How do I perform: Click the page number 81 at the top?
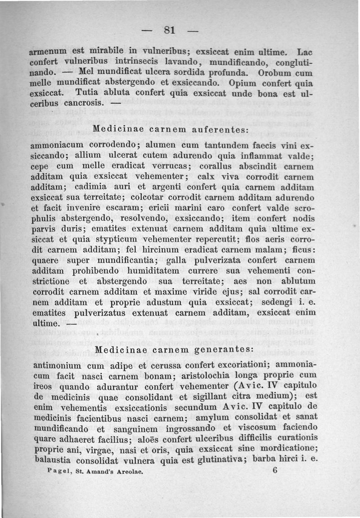tap(169, 31)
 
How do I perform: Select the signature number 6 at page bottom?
tap(276, 470)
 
